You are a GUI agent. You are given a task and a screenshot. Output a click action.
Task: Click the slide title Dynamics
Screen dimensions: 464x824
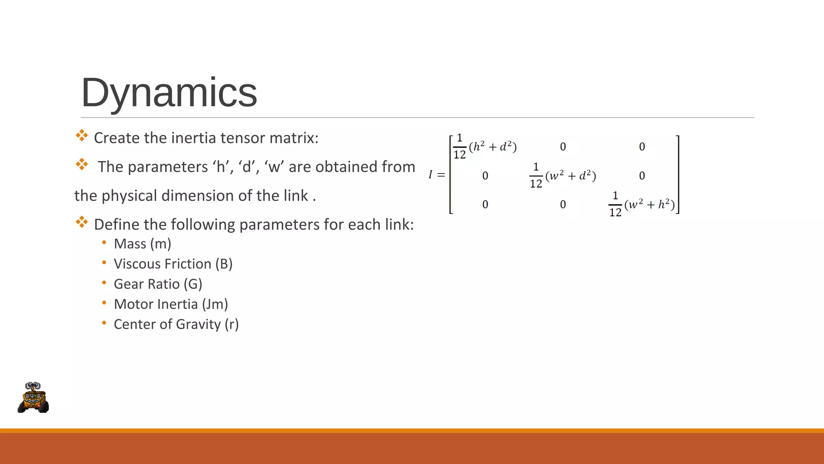coord(169,93)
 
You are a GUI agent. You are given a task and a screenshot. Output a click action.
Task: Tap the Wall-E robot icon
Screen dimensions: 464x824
coord(33,398)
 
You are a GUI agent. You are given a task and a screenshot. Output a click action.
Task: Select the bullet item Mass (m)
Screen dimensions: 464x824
coord(142,244)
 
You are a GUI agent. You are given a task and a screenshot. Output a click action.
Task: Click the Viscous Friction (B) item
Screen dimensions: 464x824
coord(173,264)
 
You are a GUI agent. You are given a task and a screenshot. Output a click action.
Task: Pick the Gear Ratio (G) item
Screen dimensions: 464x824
coord(158,284)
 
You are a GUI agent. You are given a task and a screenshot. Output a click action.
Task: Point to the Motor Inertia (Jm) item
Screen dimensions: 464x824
coord(171,304)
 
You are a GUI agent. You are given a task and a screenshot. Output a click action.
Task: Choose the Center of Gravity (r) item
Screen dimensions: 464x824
coord(176,325)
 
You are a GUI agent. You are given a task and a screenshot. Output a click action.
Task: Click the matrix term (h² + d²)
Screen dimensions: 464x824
coord(492,147)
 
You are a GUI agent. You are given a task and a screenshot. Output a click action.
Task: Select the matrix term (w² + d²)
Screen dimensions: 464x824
coord(571,176)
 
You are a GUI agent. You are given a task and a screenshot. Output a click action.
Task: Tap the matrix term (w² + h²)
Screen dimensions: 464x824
coord(649,205)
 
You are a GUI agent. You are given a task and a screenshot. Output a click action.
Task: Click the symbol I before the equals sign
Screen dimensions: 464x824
coord(430,175)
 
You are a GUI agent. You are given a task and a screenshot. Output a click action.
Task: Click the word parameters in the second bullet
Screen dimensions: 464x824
coord(167,167)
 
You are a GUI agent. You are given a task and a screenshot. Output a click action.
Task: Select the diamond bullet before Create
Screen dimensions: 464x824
coord(82,135)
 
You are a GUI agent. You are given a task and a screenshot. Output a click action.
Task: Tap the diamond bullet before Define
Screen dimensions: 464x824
coord(82,222)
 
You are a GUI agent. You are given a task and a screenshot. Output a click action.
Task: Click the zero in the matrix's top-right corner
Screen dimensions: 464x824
coord(642,147)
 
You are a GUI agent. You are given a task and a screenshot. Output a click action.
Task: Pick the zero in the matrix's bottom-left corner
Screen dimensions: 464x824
coord(485,205)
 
